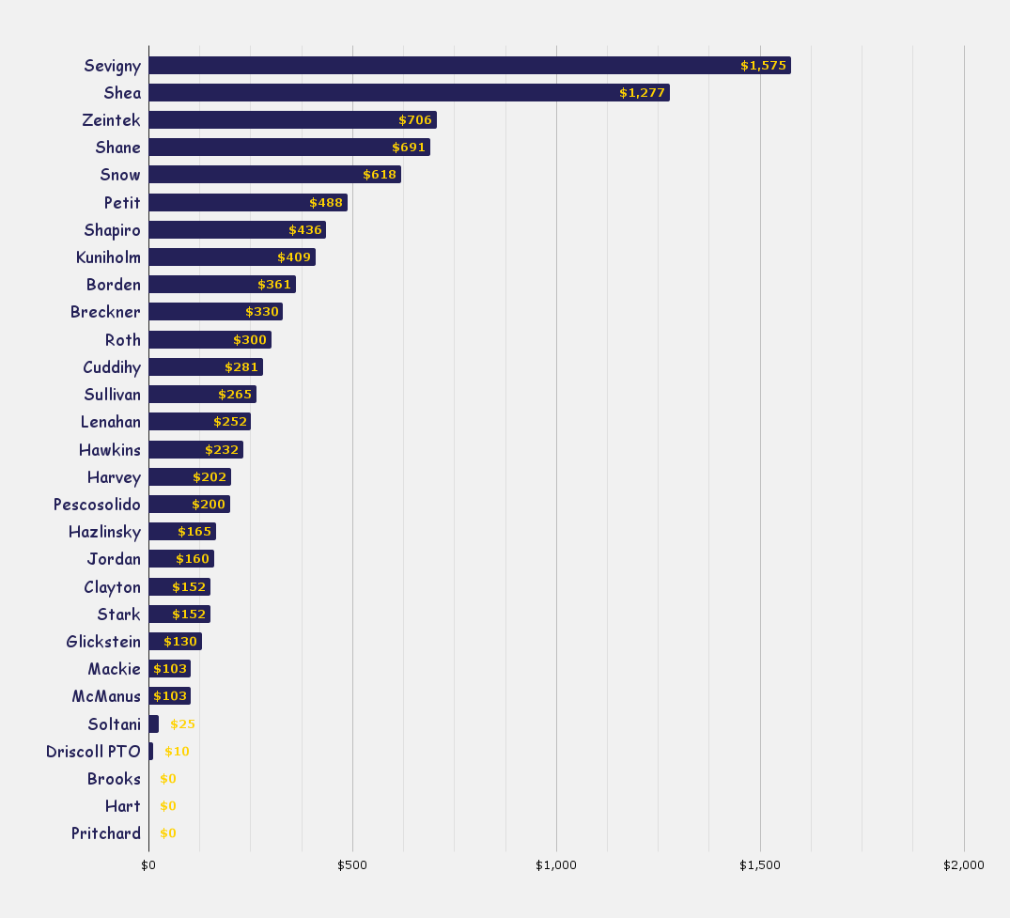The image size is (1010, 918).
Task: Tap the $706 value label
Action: point(415,120)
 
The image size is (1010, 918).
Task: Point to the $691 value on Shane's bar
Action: point(409,148)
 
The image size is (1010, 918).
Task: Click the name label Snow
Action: point(120,175)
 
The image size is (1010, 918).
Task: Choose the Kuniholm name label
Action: point(108,257)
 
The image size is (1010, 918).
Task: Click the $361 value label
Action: point(274,285)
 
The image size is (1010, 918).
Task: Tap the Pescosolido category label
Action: point(97,505)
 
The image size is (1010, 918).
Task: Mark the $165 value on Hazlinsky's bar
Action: point(194,532)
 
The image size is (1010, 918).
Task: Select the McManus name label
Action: point(106,696)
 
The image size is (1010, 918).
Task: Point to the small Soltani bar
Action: point(153,724)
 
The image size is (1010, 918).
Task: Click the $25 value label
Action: point(182,724)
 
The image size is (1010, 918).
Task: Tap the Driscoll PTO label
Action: point(93,752)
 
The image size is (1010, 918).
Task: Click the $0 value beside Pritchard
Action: point(168,833)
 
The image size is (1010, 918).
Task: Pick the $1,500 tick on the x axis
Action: point(759,864)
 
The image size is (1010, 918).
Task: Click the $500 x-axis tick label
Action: point(352,864)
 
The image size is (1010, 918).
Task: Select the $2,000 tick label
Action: point(964,864)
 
